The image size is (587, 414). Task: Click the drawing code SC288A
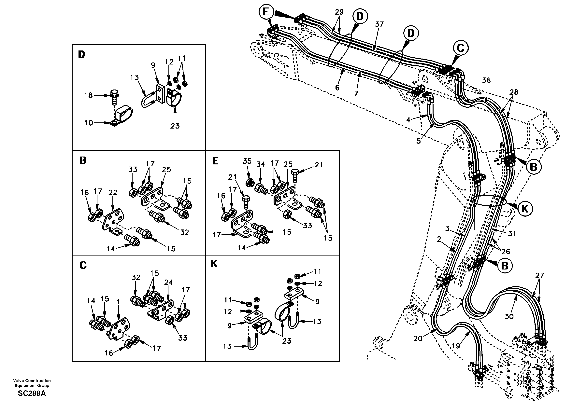click(32, 393)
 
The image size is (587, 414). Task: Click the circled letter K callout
click(525, 209)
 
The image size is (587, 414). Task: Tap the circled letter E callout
click(266, 12)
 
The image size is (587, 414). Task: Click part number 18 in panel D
click(88, 95)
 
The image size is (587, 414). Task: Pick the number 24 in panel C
click(168, 282)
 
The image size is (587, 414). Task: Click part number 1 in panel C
click(118, 302)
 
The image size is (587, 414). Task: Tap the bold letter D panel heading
click(81, 54)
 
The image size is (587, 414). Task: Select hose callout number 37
click(379, 24)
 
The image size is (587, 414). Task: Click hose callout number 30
click(509, 317)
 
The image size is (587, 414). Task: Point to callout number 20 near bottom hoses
click(418, 339)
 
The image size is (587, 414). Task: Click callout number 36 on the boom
click(486, 80)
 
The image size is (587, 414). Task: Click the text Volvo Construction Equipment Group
click(32, 383)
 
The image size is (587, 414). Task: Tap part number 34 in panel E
click(261, 164)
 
